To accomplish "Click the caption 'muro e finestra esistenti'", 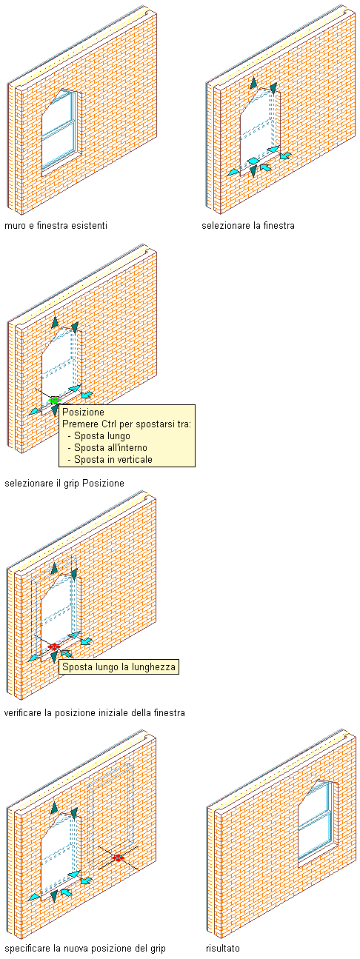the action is click(56, 225).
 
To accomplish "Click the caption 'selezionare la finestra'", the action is click(248, 225).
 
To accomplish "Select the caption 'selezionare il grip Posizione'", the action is click(64, 483).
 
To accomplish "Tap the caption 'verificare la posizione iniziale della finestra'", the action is click(95, 712).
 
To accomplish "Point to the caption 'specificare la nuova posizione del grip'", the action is click(84, 948).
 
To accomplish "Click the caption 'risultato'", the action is click(222, 948).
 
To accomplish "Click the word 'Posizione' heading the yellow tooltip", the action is click(83, 412).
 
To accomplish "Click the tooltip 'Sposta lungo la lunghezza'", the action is click(119, 666).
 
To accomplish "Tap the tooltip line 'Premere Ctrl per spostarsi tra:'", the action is click(127, 424).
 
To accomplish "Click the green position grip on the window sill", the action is click(54, 401).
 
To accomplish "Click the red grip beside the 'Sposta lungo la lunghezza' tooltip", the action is click(53, 647).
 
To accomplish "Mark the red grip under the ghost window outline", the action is click(118, 858).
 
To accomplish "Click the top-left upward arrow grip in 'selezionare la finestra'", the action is click(253, 83).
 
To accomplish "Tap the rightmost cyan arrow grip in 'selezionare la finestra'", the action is click(285, 156).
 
